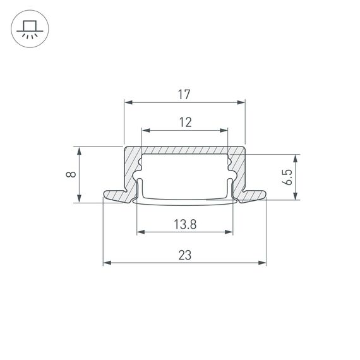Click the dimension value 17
(184, 95)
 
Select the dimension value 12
(184, 123)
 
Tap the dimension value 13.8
(184, 224)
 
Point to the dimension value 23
(184, 255)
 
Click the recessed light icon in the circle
(29, 29)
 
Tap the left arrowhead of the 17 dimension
(127, 102)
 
